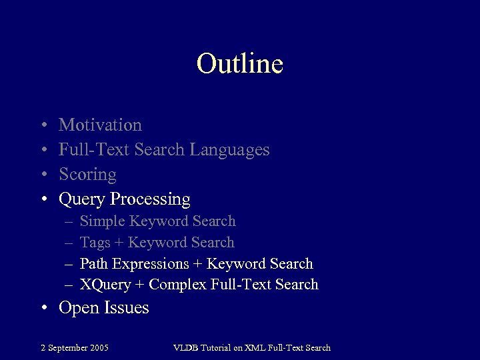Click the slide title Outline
coord(240,64)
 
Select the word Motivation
coord(100,125)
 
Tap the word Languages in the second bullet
coord(229,150)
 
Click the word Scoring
coord(87,175)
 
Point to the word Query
coord(83,199)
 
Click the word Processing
coord(151,199)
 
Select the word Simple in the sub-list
coord(102,221)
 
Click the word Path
coord(94,263)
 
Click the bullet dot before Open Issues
coord(43,308)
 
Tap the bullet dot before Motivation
coord(43,125)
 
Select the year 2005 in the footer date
coord(99,347)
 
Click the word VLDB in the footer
coord(186,347)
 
